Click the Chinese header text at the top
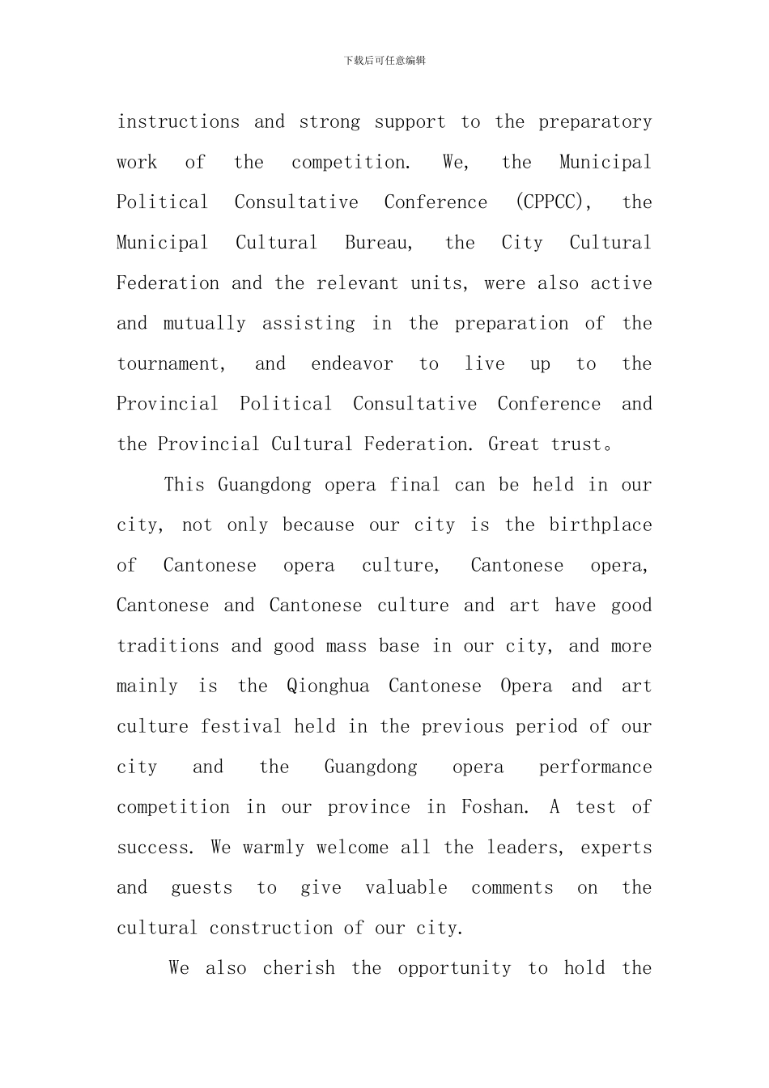[384, 61]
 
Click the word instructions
[178, 122]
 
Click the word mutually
[204, 324]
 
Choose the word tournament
[171, 364]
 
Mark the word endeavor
[352, 364]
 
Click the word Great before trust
[513, 444]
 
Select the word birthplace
[601, 525]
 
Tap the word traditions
[168, 646]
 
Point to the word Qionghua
[328, 686]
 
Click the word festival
[240, 727]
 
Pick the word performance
[595, 767]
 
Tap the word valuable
[406, 888]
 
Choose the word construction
[270, 929]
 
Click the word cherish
[299, 969]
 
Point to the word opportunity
[454, 969]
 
